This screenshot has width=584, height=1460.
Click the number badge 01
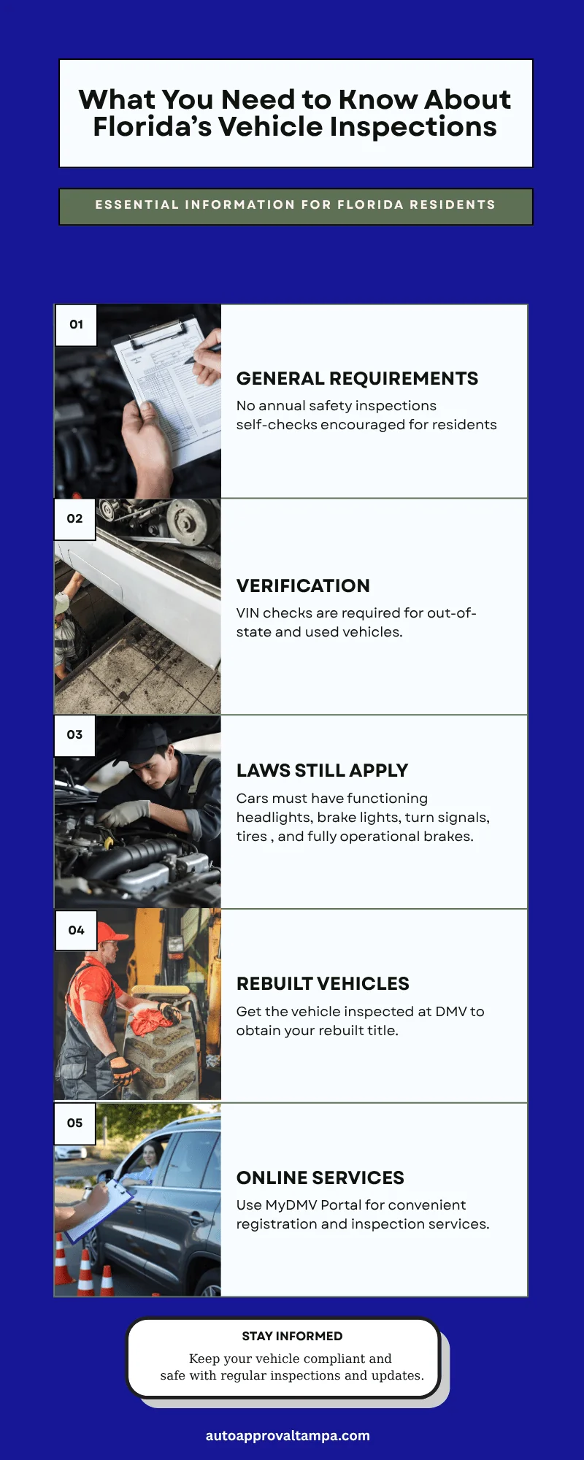coord(76,325)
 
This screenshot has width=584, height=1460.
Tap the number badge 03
coord(74,735)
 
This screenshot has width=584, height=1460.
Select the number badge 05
coord(74,1123)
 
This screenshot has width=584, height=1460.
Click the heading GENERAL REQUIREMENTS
coord(357,379)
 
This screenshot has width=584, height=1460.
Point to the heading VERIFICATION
coord(303,586)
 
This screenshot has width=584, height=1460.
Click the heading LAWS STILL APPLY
coord(322,771)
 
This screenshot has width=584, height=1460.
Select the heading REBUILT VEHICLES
coord(323,984)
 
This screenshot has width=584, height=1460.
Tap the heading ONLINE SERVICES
coord(320,1178)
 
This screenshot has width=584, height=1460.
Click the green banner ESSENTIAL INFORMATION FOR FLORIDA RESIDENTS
coord(296,206)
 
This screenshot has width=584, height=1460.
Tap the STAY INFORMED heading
coord(292,1337)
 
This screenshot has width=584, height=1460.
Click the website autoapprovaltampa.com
coord(288,1436)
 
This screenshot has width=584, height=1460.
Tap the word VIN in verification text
coord(247,613)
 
